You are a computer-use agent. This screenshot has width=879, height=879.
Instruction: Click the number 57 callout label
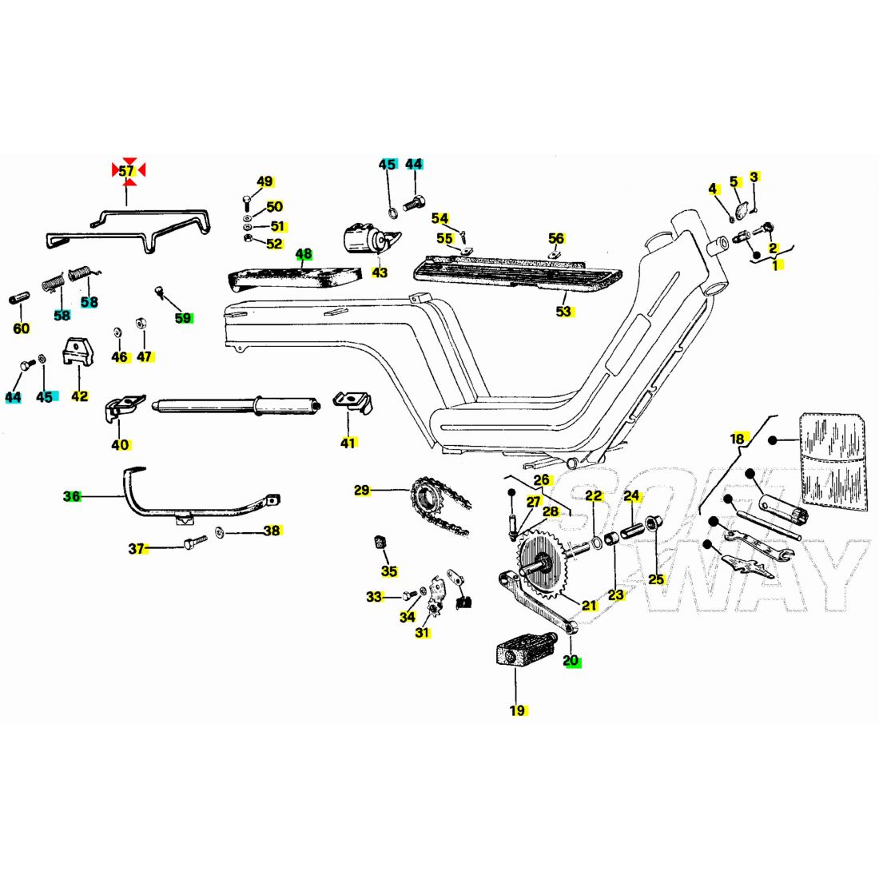coord(127,171)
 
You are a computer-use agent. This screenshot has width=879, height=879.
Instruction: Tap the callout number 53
coord(564,311)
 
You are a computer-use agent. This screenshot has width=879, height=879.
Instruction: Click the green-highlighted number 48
coord(304,255)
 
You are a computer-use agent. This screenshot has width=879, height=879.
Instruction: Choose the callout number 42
coord(80,396)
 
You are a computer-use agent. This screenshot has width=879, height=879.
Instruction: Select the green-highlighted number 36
coord(72,496)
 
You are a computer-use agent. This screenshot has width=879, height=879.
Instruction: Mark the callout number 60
coord(22,328)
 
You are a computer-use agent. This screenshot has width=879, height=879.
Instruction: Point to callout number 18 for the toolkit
coord(738,438)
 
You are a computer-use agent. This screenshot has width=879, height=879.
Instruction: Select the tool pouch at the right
coord(833,459)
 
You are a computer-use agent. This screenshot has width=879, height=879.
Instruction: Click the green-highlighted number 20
coord(571,661)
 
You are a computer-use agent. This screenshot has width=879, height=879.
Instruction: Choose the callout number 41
coord(348,442)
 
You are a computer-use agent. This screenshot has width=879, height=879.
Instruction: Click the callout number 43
coord(380,272)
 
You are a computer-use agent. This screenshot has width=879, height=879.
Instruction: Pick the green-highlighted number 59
coord(183,318)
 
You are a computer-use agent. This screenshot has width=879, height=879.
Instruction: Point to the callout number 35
coord(389,571)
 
